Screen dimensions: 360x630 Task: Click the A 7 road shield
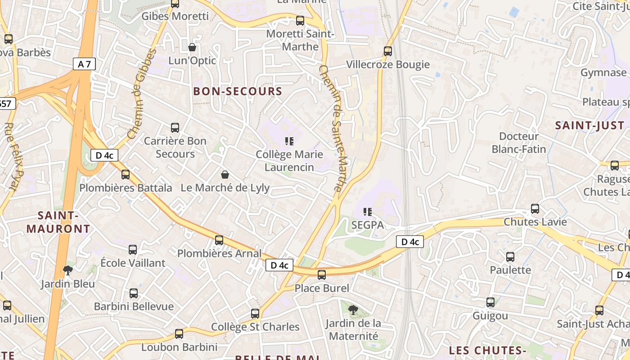click(84, 64)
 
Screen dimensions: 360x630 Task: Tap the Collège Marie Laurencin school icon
click(289, 141)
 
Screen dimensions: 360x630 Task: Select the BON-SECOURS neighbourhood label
click(238, 91)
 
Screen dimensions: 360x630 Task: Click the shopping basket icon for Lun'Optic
click(192, 47)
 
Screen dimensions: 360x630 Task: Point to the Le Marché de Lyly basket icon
click(225, 175)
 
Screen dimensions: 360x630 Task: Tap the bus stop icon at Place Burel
click(322, 274)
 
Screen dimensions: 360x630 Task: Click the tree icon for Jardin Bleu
click(68, 270)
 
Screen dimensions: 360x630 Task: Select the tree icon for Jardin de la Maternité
click(353, 310)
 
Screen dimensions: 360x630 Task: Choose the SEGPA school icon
click(368, 211)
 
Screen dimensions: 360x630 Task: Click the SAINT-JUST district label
click(589, 126)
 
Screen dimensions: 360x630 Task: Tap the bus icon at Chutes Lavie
click(535, 209)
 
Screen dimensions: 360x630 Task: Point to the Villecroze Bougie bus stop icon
click(388, 51)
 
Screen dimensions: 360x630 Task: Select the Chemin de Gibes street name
click(141, 94)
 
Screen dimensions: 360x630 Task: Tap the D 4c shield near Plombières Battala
click(104, 156)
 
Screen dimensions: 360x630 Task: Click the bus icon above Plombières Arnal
click(219, 240)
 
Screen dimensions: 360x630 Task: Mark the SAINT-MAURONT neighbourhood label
click(58, 222)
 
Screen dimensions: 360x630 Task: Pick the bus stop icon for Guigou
click(490, 302)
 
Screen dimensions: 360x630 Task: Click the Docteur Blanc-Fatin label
click(518, 143)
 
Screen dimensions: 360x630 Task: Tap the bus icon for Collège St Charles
click(255, 313)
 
